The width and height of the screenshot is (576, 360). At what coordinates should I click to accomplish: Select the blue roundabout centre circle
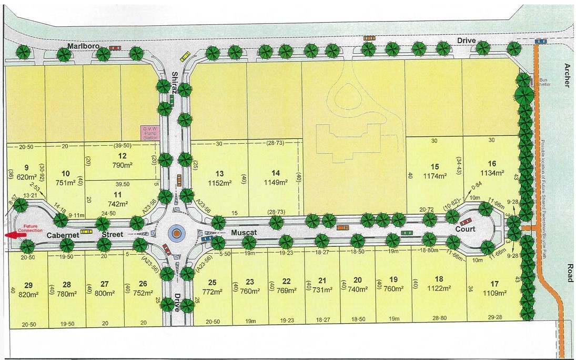coord(176,232)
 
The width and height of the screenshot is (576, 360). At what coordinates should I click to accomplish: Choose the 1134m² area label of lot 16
coord(492,172)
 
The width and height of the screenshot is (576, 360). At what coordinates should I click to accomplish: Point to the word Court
coord(465,229)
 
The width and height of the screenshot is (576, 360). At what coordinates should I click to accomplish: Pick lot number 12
coord(122,156)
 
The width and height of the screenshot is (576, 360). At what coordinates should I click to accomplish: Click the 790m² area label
coord(122,165)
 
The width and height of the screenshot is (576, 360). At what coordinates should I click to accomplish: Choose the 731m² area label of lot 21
coord(322,288)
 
